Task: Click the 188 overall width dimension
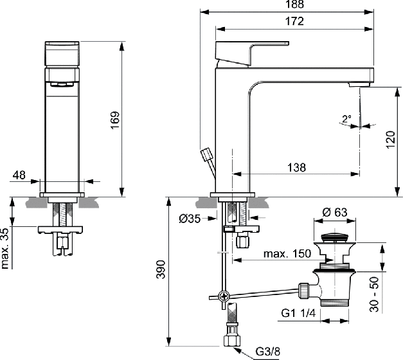294,4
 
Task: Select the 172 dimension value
294,21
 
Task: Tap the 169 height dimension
116,120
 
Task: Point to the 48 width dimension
19,175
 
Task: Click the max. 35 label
5,248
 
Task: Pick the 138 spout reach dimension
296,167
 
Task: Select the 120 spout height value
390,139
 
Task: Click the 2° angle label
346,119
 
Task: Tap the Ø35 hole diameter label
190,219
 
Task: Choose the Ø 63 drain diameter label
335,212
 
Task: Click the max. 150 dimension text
287,254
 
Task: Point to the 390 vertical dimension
161,269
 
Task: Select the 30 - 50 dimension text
375,294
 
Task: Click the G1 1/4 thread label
298,313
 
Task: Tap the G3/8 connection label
268,351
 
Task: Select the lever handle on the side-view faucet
252,53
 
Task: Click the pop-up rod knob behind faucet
206,154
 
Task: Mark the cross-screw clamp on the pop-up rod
224,296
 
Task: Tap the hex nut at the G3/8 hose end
232,340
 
